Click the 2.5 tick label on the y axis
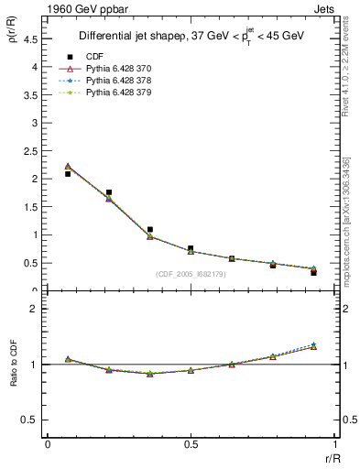click(x=29, y=151)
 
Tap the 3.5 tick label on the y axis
click(x=29, y=95)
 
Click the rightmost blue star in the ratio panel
click(x=313, y=344)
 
